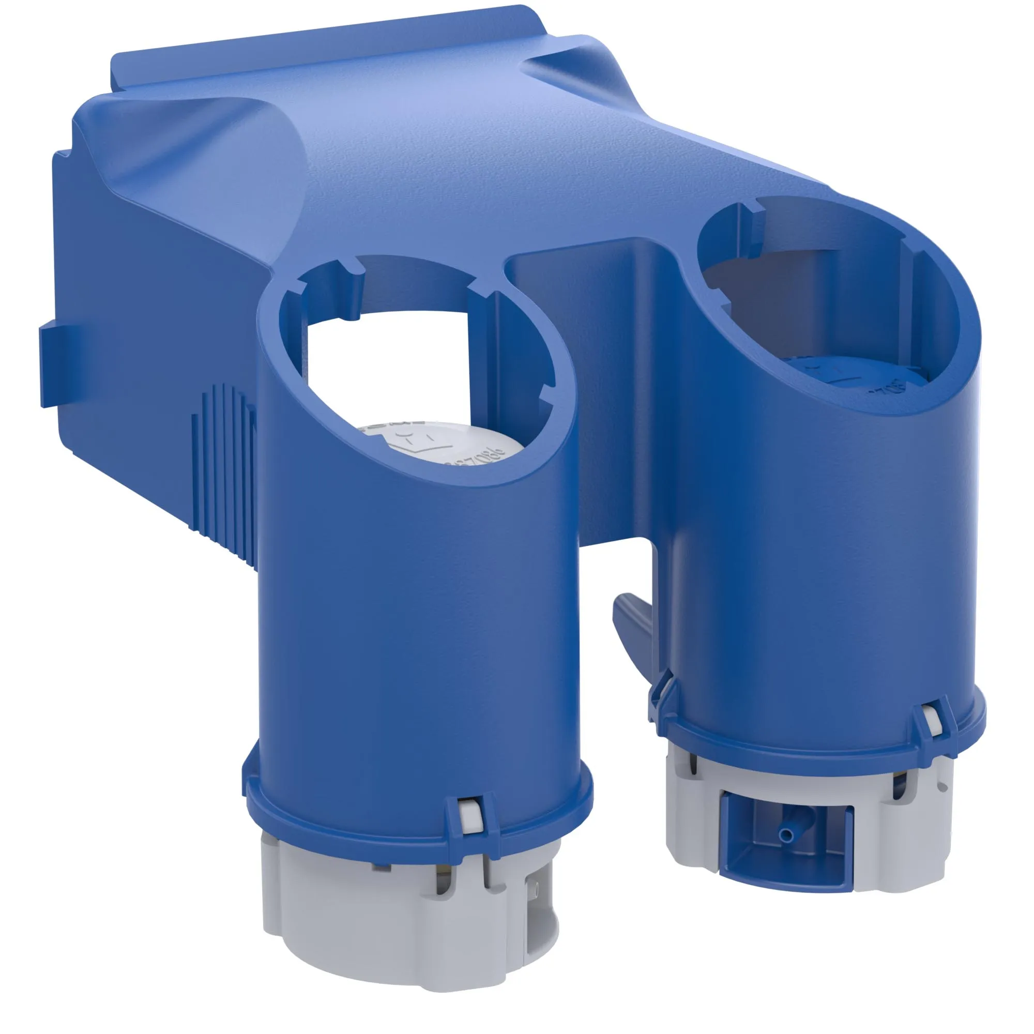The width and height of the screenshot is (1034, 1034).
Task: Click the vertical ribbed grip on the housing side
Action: tap(225, 466)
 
